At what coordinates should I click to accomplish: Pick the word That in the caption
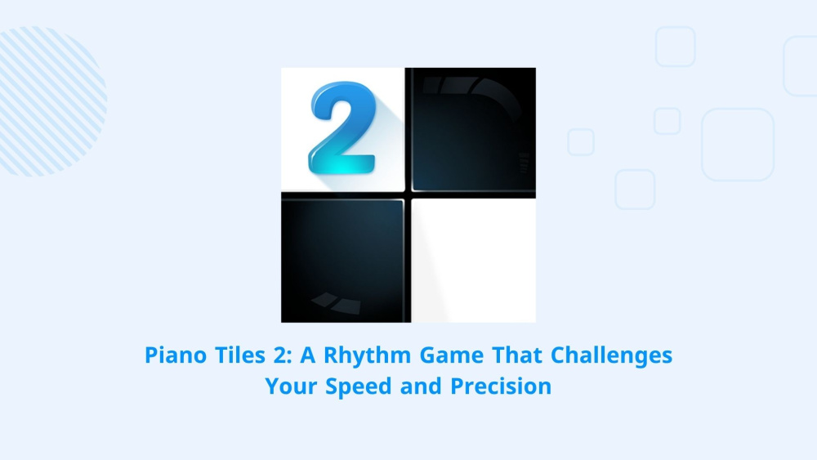click(517, 355)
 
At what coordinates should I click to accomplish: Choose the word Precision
click(501, 386)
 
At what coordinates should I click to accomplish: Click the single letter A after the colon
click(308, 355)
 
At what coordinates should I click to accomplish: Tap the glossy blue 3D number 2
click(343, 127)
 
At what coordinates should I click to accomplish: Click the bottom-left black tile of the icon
click(342, 261)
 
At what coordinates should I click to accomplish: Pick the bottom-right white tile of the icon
click(474, 261)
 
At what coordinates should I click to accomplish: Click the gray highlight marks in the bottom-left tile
click(336, 303)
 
